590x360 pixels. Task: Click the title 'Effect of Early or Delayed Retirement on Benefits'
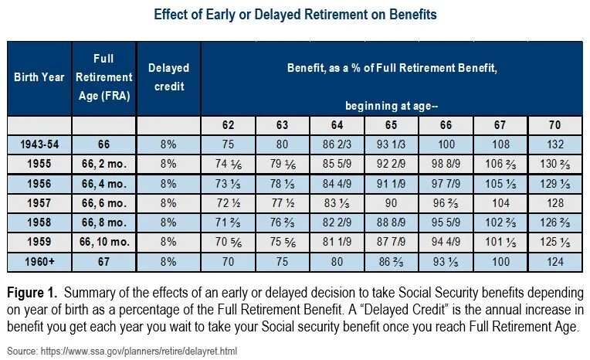[296, 14]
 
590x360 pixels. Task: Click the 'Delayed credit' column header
[168, 77]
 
